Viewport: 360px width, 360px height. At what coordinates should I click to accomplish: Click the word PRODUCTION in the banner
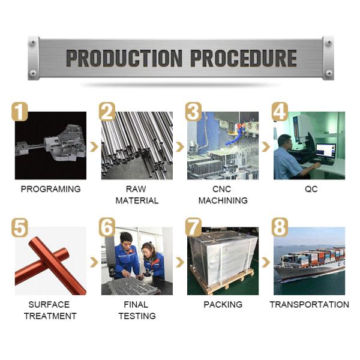pyautogui.click(x=124, y=58)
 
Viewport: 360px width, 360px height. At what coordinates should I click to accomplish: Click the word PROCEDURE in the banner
pyautogui.click(x=244, y=58)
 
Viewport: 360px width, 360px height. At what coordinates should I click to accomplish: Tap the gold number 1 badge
pyautogui.click(x=20, y=112)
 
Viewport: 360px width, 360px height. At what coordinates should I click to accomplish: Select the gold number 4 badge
pyautogui.click(x=280, y=112)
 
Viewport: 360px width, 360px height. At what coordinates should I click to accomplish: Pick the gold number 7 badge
pyautogui.click(x=193, y=227)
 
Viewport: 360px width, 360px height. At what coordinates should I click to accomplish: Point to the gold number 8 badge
pyautogui.click(x=280, y=227)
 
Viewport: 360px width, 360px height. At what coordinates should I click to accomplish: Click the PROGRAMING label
pyautogui.click(x=51, y=189)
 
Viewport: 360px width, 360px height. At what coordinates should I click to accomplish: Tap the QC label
pyautogui.click(x=311, y=189)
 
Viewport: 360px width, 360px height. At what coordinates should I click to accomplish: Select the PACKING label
pyautogui.click(x=223, y=304)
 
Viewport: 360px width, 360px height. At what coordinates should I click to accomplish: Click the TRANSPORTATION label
pyautogui.click(x=309, y=304)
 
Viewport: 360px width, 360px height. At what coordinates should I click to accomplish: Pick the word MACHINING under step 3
pyautogui.click(x=223, y=200)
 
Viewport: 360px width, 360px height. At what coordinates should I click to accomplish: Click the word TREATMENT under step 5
pyautogui.click(x=50, y=316)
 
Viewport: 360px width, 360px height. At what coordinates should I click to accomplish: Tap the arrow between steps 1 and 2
pyautogui.click(x=94, y=147)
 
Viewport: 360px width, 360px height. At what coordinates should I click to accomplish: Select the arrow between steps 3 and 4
pyautogui.click(x=266, y=147)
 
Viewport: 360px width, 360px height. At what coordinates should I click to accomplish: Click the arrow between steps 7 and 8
pyautogui.click(x=266, y=262)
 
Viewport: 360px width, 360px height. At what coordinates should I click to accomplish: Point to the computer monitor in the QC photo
pyautogui.click(x=326, y=151)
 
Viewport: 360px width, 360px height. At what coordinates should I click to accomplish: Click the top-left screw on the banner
pyautogui.click(x=33, y=42)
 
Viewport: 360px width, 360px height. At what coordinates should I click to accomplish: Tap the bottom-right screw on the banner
pyautogui.click(x=329, y=73)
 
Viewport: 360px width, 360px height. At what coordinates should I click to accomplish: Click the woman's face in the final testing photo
pyautogui.click(x=147, y=251)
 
